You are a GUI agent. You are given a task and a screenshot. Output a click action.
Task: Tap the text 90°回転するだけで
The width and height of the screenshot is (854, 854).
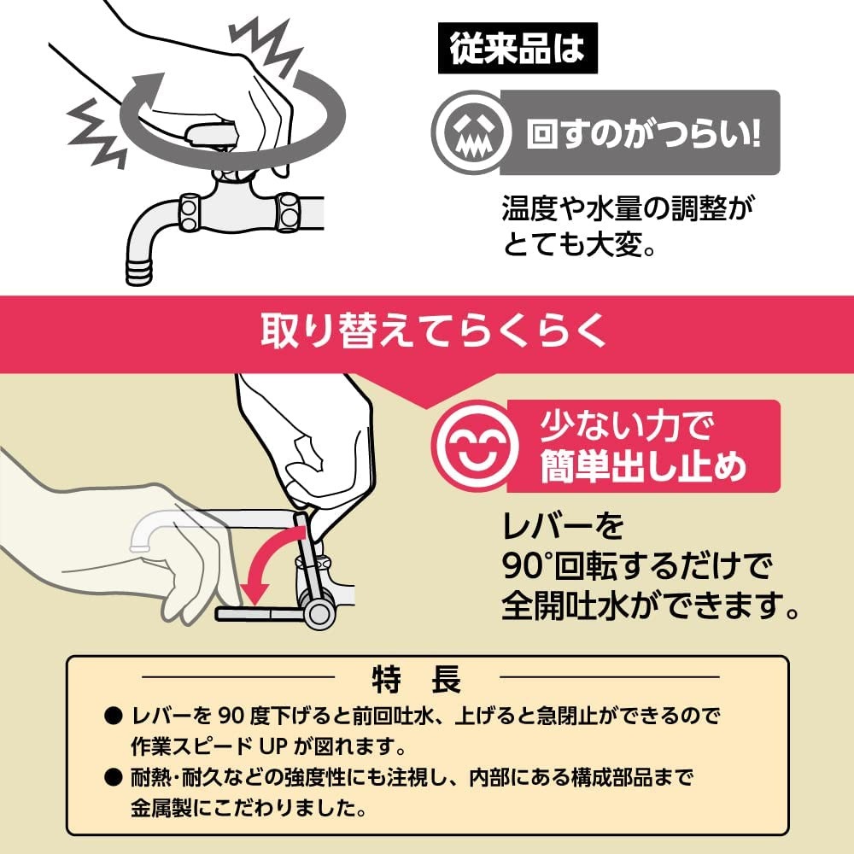click(x=636, y=564)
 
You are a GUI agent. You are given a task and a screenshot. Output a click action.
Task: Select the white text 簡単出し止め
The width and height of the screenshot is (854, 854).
click(x=644, y=467)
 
